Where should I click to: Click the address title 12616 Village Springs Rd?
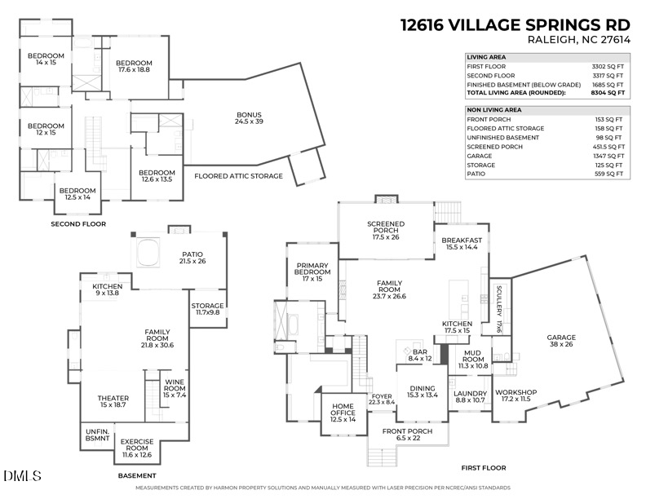click(514, 24)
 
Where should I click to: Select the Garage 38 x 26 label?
click(560, 342)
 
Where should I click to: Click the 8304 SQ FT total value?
click(608, 94)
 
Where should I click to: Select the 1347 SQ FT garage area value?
click(608, 157)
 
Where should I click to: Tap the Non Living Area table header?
click(493, 109)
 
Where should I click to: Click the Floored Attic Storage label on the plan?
click(238, 176)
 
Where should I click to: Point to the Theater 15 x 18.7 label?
click(113, 402)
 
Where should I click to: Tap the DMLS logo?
click(15, 475)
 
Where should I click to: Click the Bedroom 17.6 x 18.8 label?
click(133, 67)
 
